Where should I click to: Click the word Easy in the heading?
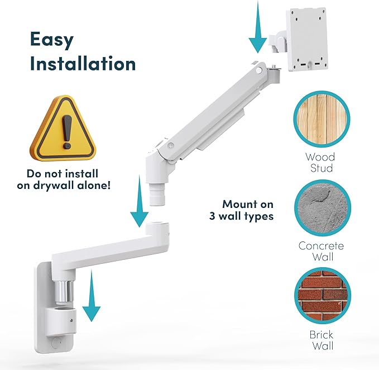point(52,40)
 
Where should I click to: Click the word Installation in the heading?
point(83,63)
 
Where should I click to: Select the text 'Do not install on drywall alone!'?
point(68,177)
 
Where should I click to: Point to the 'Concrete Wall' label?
point(322,252)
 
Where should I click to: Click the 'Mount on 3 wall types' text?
point(248,210)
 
